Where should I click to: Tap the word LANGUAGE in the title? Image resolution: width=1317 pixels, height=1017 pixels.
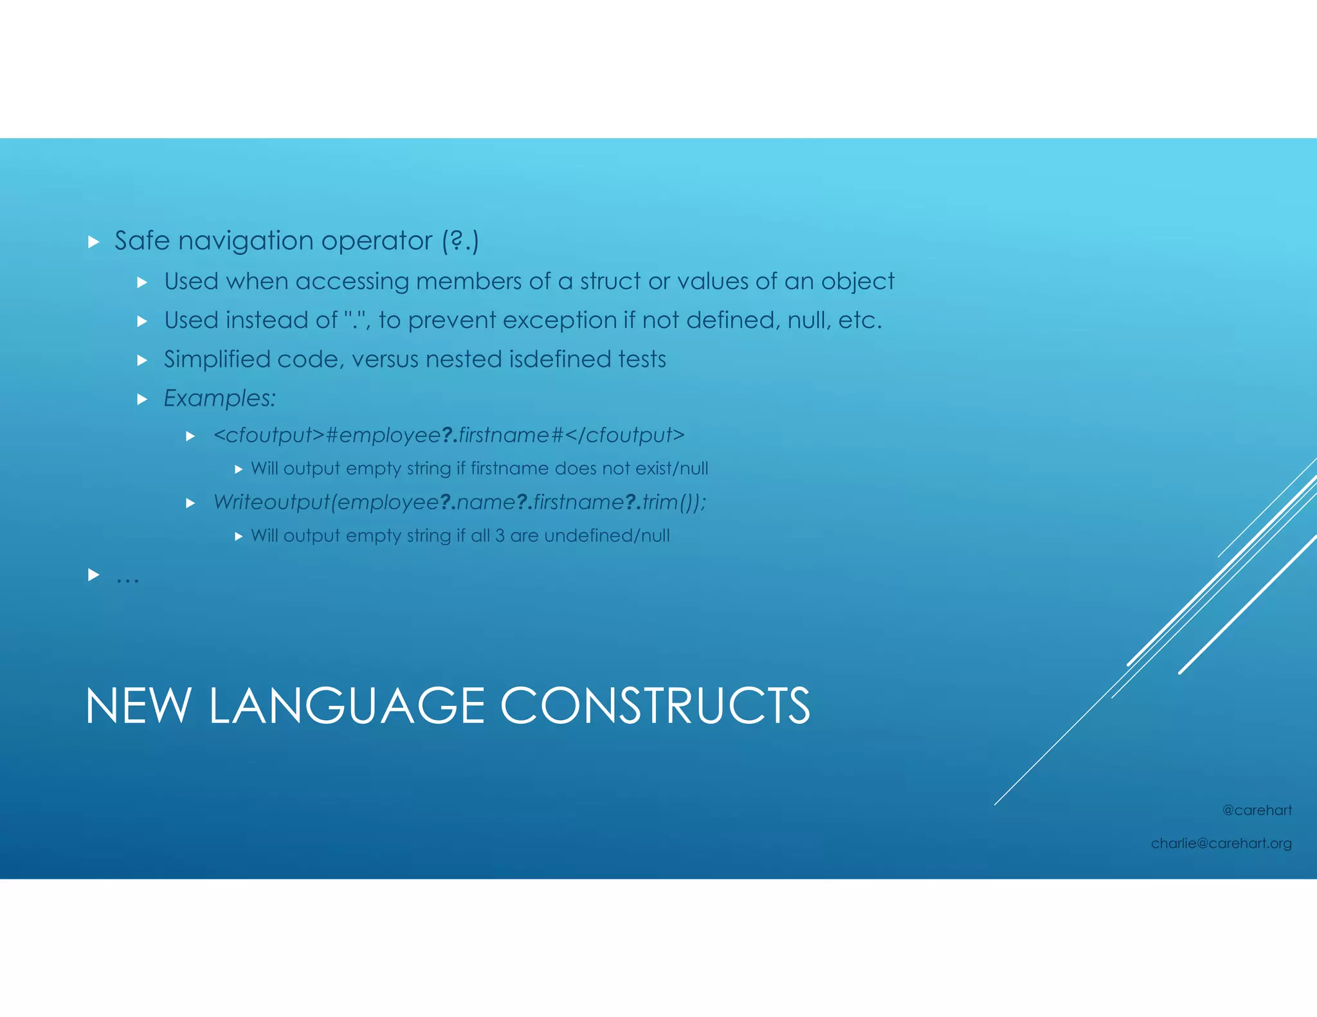click(347, 706)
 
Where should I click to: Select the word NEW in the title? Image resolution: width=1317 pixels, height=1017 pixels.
click(138, 706)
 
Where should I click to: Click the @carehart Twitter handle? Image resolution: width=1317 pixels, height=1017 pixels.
click(1257, 810)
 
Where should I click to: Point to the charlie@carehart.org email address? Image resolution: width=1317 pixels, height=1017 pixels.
click(1221, 843)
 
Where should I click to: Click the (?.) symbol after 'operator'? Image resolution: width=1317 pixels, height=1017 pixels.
click(460, 241)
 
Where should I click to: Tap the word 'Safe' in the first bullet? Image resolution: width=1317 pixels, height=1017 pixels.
click(141, 240)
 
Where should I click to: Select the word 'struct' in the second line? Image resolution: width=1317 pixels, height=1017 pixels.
click(610, 281)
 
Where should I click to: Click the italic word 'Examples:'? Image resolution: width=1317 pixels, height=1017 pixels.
click(219, 398)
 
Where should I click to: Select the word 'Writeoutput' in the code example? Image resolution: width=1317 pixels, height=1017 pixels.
click(271, 502)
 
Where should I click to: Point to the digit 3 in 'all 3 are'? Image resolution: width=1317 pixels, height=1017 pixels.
click(500, 535)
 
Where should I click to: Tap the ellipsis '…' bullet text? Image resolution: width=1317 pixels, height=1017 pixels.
click(127, 577)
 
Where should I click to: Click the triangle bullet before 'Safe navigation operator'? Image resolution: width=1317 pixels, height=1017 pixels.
click(94, 242)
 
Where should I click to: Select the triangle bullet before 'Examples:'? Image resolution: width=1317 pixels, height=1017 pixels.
click(143, 399)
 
